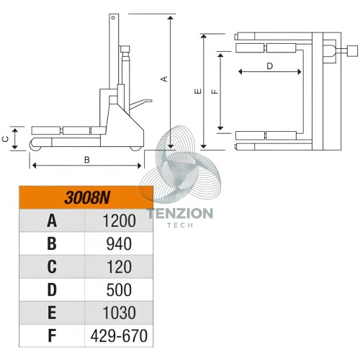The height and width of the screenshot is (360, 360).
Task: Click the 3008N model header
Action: pyautogui.click(x=87, y=198)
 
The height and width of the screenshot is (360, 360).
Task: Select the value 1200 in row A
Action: pyautogui.click(x=119, y=221)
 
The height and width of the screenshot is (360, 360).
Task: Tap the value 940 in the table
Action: pyautogui.click(x=119, y=244)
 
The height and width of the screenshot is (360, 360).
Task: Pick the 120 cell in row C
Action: pyautogui.click(x=119, y=267)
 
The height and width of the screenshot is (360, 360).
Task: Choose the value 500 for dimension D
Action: pyautogui.click(x=119, y=290)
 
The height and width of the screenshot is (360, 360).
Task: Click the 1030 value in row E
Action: pyautogui.click(x=119, y=312)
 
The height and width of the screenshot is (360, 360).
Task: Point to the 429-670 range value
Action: pyautogui.click(x=119, y=336)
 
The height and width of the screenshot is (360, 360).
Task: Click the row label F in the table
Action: pyautogui.click(x=52, y=336)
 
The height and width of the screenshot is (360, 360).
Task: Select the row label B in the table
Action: pyautogui.click(x=52, y=244)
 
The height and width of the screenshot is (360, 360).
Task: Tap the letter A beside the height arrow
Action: pyautogui.click(x=164, y=79)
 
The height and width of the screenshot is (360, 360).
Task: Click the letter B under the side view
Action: pyautogui.click(x=87, y=160)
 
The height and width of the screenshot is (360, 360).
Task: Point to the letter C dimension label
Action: pyautogui.click(x=5, y=139)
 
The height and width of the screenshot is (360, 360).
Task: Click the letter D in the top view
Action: pyautogui.click(x=270, y=66)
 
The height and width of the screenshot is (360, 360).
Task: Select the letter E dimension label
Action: pyautogui.click(x=198, y=91)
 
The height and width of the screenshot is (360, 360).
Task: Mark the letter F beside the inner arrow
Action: pyautogui.click(x=215, y=91)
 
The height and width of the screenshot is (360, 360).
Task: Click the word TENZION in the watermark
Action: pyautogui.click(x=180, y=213)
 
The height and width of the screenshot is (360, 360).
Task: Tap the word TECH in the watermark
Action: pyautogui.click(x=180, y=225)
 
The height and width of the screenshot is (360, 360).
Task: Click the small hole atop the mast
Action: pyautogui.click(x=113, y=17)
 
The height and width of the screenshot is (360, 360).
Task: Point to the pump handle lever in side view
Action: pyautogui.click(x=140, y=104)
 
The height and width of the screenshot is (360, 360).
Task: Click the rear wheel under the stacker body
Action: pyautogui.click(x=135, y=148)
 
